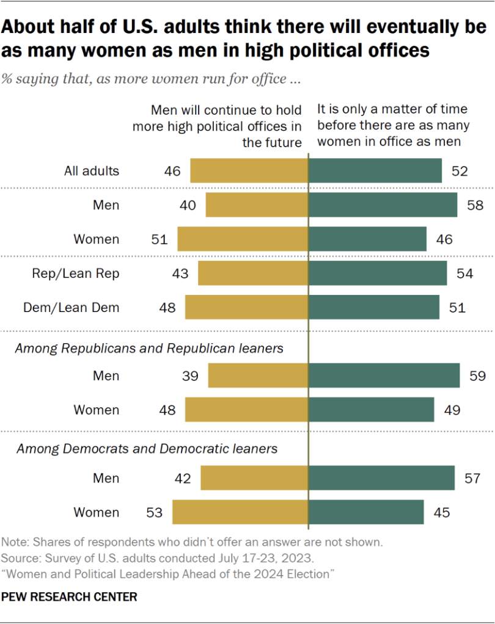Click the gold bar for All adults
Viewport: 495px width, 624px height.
coord(249,170)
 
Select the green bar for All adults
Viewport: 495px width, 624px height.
coord(375,170)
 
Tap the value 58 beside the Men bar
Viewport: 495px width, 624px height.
coord(474,205)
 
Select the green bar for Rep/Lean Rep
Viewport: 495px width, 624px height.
coord(378,274)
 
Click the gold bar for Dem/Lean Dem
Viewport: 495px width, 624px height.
coord(246,308)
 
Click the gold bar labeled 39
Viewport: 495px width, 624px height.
coord(258,375)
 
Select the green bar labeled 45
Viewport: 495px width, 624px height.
coord(366,512)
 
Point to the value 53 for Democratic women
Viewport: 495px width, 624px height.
coord(154,512)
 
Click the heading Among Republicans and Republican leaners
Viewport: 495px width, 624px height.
coord(149,349)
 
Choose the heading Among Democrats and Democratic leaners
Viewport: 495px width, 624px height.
coord(147,449)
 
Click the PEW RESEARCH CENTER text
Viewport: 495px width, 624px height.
coord(70,597)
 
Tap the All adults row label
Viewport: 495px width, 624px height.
coord(92,170)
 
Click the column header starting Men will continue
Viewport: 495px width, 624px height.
coord(226,126)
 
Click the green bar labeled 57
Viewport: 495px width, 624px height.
coord(381,478)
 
